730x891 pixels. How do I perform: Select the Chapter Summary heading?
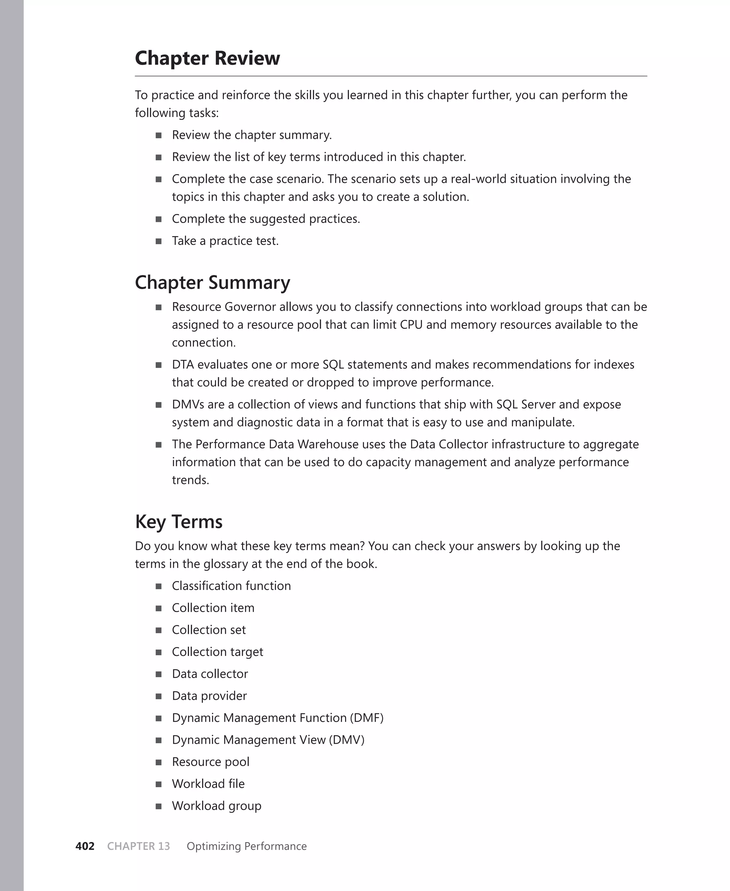click(212, 282)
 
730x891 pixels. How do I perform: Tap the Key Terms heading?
click(178, 521)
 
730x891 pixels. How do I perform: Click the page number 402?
click(84, 846)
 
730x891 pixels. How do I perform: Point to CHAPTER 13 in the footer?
click(138, 846)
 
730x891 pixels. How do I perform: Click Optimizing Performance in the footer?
click(246, 846)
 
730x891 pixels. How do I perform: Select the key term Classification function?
click(231, 586)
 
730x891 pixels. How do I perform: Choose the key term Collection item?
click(213, 607)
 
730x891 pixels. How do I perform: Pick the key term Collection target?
click(217, 652)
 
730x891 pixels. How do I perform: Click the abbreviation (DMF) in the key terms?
click(367, 718)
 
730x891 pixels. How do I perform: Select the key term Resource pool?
click(210, 762)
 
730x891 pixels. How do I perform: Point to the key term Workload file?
click(208, 783)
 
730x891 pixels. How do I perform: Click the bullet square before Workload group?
click(159, 806)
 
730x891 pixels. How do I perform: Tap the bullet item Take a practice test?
click(225, 241)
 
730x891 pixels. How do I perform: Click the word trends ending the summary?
click(190, 480)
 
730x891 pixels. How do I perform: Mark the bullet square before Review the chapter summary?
click(159, 136)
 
